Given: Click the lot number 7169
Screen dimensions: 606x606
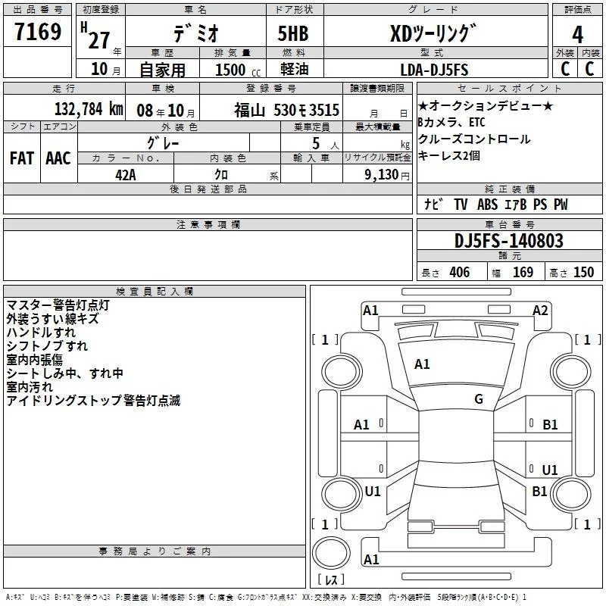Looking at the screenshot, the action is (38, 33).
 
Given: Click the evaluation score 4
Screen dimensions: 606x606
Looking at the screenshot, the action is (577, 34).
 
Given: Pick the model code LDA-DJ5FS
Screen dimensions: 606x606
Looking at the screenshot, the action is (434, 70).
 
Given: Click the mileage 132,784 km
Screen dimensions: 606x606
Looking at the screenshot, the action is (88, 109).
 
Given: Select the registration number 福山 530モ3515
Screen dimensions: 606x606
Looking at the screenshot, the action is (286, 109).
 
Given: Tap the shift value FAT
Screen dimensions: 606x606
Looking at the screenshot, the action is (21, 158).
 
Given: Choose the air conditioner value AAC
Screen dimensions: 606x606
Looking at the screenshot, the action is (58, 158).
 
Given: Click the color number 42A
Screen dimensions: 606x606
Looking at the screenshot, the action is (125, 174).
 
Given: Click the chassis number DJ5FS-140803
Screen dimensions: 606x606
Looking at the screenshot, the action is (509, 241).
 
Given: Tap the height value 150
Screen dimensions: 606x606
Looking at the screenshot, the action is (583, 273).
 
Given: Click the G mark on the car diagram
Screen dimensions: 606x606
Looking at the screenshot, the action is (479, 399).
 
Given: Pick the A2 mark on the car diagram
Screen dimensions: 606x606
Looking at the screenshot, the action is (539, 310).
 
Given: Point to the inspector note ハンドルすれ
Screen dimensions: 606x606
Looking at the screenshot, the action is (41, 333).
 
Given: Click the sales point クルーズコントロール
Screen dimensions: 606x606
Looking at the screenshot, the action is (474, 139).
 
